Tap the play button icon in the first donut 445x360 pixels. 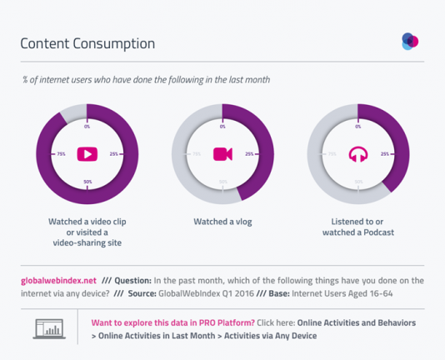coord(87,154)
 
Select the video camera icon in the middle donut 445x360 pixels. coord(222,154)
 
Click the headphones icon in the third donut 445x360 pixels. coord(358,154)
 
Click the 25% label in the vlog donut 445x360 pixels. coord(248,154)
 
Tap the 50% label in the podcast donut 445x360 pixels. coord(358,181)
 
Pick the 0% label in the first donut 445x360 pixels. coord(87,127)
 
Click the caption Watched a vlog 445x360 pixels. coord(222,222)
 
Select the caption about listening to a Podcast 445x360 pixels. coord(358,227)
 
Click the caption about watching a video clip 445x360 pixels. coord(87,232)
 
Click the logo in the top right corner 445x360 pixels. coord(409,41)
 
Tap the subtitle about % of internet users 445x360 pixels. coord(145,79)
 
